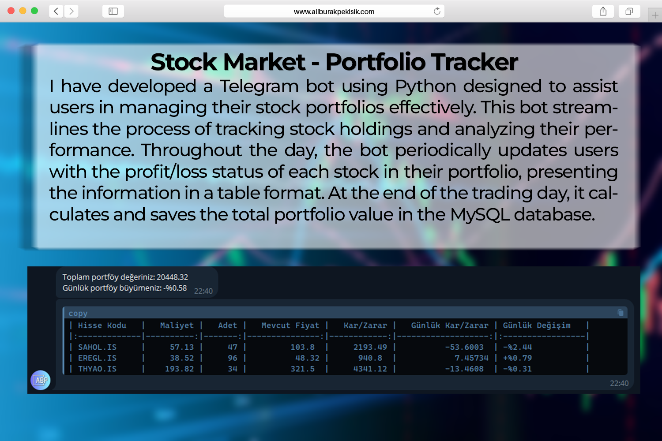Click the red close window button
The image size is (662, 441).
(x=11, y=11)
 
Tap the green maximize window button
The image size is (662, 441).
(x=34, y=11)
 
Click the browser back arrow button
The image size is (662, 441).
(x=56, y=11)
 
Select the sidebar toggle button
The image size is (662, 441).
(x=113, y=11)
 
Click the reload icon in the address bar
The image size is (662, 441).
(x=437, y=11)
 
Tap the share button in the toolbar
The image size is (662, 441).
(x=603, y=11)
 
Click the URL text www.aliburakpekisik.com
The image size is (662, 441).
(x=334, y=11)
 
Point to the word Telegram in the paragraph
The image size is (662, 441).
(x=259, y=87)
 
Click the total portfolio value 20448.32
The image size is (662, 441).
(x=172, y=277)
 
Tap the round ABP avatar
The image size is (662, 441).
(x=41, y=380)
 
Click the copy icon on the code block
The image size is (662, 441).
(x=621, y=313)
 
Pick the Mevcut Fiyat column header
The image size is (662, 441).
(x=290, y=325)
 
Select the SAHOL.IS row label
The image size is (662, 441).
(x=97, y=347)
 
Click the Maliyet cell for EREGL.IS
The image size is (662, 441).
(x=182, y=358)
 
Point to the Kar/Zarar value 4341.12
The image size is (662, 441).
(x=370, y=369)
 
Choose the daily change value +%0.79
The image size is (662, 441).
(x=517, y=358)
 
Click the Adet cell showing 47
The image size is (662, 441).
(x=233, y=347)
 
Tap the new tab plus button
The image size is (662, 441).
(x=655, y=15)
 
